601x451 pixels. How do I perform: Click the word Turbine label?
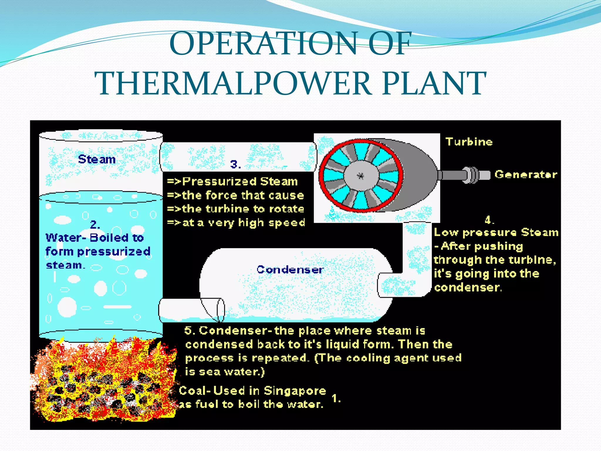pyautogui.click(x=469, y=142)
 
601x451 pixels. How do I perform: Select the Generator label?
pyautogui.click(x=526, y=174)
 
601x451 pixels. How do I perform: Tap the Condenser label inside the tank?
pyautogui.click(x=290, y=270)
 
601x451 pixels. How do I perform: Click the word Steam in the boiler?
pyautogui.click(x=97, y=159)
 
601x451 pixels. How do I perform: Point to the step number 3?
pyautogui.click(x=235, y=164)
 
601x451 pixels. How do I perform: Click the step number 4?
pyautogui.click(x=489, y=220)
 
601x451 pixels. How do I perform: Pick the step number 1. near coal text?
pyautogui.click(x=336, y=398)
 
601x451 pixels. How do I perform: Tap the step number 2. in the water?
pyautogui.click(x=95, y=225)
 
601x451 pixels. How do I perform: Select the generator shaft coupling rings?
pyautogui.click(x=472, y=175)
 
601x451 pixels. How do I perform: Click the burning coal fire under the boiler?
pyautogui.click(x=103, y=382)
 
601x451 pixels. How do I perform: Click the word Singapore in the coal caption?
pyautogui.click(x=295, y=391)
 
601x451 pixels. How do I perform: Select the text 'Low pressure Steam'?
pyautogui.click(x=496, y=233)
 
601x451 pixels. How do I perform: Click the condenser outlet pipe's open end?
pyautogui.click(x=221, y=310)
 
